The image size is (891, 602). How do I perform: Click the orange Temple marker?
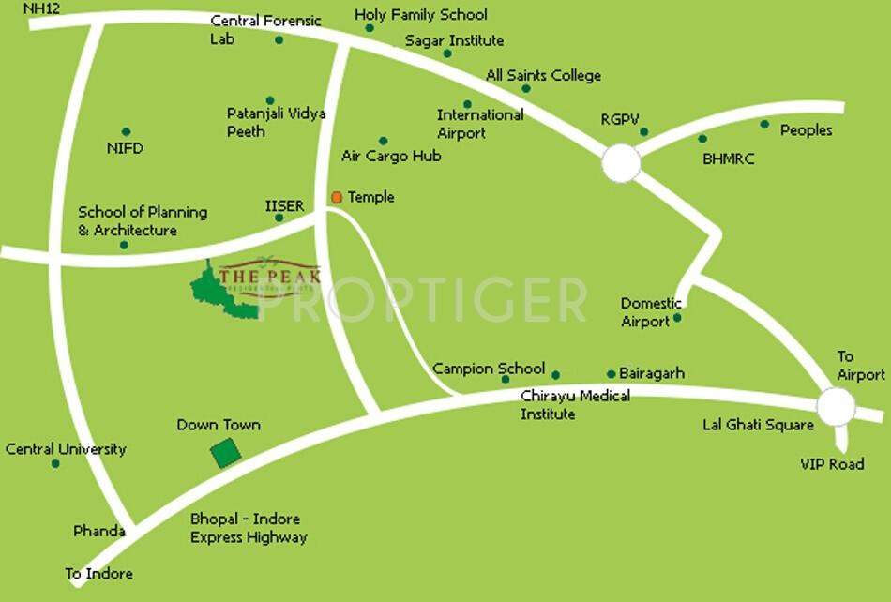(337, 198)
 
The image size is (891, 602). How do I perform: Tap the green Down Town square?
(225, 453)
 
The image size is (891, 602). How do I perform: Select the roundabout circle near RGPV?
(621, 163)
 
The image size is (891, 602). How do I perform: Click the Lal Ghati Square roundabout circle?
(836, 407)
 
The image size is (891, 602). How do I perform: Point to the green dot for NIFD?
(126, 132)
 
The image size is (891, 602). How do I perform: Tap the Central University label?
(66, 449)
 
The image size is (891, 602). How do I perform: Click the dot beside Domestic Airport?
(678, 318)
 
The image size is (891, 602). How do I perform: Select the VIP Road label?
(832, 464)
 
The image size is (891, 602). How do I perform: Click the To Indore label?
(98, 573)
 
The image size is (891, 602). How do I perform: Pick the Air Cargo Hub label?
(391, 156)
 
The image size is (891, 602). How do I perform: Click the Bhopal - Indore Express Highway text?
(249, 528)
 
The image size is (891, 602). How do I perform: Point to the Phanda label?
(99, 531)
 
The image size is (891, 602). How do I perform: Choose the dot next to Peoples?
(764, 124)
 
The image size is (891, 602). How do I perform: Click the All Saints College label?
(543, 75)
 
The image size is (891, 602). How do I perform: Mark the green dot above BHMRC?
(702, 139)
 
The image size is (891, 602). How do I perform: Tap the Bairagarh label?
(652, 373)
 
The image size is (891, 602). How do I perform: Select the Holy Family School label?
(421, 14)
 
